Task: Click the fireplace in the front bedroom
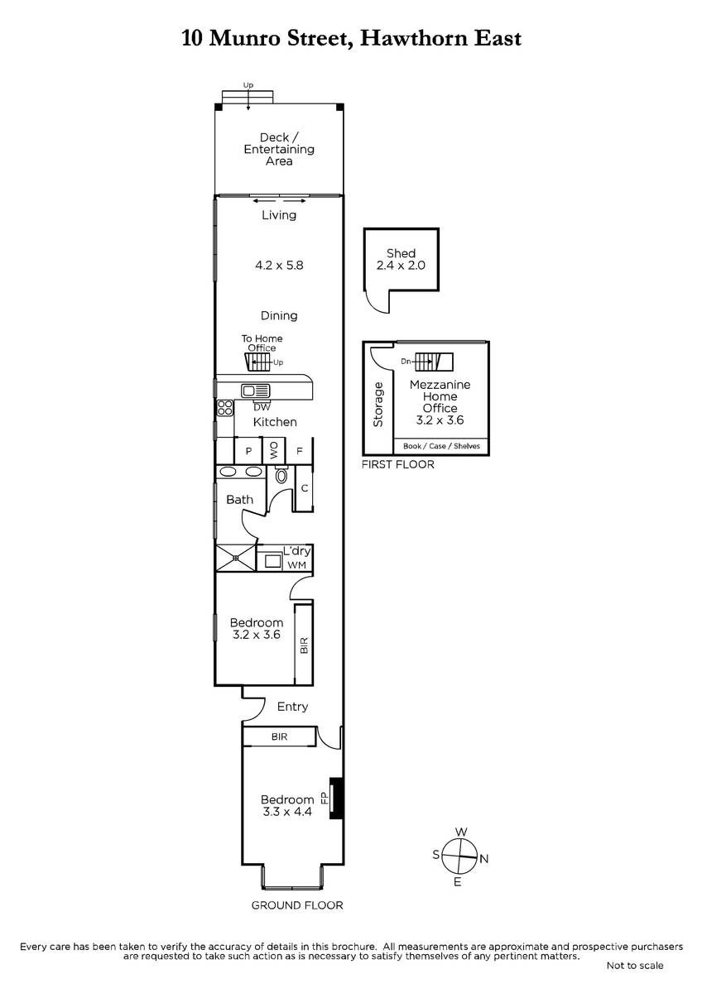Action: pyautogui.click(x=336, y=799)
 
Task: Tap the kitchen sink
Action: pyautogui.click(x=255, y=391)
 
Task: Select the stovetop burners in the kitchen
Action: pyautogui.click(x=225, y=408)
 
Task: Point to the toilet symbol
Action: pyautogui.click(x=281, y=475)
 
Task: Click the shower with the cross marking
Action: pyautogui.click(x=235, y=558)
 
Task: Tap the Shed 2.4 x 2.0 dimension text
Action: pyautogui.click(x=401, y=266)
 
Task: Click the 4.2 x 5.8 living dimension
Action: pyautogui.click(x=279, y=266)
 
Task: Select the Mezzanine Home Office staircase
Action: pyautogui.click(x=434, y=362)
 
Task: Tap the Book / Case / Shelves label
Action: pyautogui.click(x=441, y=446)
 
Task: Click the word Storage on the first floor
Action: pyautogui.click(x=377, y=405)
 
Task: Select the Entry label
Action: pyautogui.click(x=292, y=707)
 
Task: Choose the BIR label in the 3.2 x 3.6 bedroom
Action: pyautogui.click(x=304, y=645)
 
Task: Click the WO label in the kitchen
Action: pyautogui.click(x=274, y=449)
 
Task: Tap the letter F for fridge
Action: pyautogui.click(x=300, y=451)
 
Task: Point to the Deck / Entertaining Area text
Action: pyautogui.click(x=279, y=150)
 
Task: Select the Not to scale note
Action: pyautogui.click(x=635, y=966)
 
